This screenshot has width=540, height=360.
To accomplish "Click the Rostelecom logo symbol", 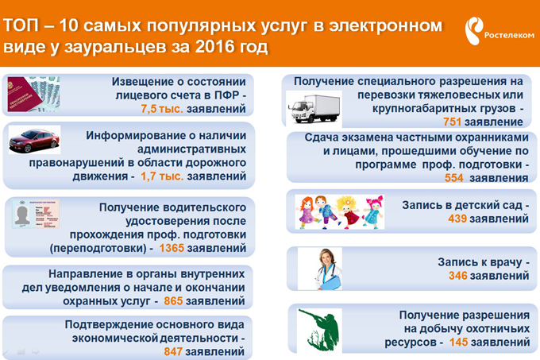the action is pyautogui.click(x=473, y=31).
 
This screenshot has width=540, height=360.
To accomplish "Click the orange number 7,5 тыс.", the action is pyautogui.click(x=162, y=109).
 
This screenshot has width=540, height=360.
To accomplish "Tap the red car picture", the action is pyautogui.click(x=34, y=140).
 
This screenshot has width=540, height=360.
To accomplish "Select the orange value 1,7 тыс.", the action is pyautogui.click(x=162, y=176).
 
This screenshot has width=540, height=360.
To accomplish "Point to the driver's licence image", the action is pyautogui.click(x=36, y=214).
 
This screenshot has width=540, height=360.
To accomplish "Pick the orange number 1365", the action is pyautogui.click(x=172, y=248).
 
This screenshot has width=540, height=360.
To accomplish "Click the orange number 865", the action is pyautogui.click(x=173, y=301).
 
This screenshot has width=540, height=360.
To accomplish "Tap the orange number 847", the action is pyautogui.click(x=173, y=352).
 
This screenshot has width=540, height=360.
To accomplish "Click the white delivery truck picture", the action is pyautogui.click(x=314, y=109).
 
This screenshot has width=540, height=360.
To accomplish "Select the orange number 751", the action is pyautogui.click(x=452, y=122).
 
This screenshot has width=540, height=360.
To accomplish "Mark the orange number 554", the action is pyautogui.click(x=454, y=178).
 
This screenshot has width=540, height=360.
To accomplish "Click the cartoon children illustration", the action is pyautogui.click(x=340, y=212).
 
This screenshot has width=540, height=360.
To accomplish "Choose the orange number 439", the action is pyautogui.click(x=457, y=219).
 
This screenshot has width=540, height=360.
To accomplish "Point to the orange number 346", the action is pyautogui.click(x=458, y=276).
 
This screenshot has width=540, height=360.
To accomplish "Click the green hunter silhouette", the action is pyautogui.click(x=317, y=329).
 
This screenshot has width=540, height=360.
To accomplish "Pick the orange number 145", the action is pyautogui.click(x=459, y=343).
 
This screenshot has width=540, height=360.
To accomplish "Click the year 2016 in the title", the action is pyautogui.click(x=215, y=47).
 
